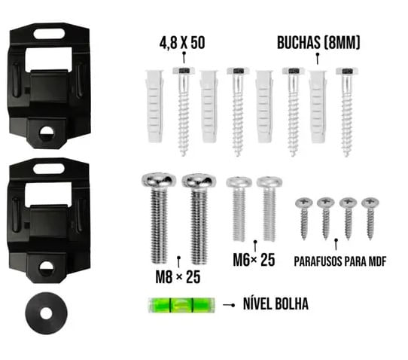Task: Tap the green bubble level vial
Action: [181, 305]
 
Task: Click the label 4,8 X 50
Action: [182, 43]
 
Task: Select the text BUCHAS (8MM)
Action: [318, 42]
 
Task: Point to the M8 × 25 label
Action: [178, 277]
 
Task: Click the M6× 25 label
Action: [254, 260]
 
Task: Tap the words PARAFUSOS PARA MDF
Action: [339, 261]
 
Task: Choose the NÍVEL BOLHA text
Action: [276, 304]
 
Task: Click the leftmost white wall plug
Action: [154, 106]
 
